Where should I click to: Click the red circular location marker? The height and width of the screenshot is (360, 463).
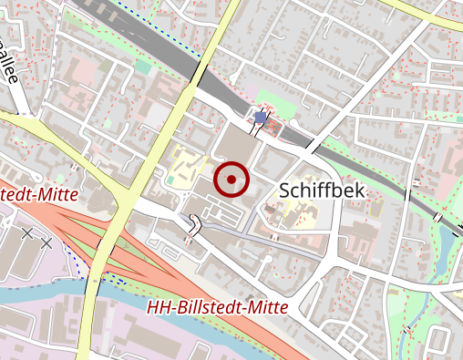231,180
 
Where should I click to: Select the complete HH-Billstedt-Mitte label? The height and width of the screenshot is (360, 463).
218,307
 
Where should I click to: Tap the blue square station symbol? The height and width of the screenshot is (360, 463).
261,118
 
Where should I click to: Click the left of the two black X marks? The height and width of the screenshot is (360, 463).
27,234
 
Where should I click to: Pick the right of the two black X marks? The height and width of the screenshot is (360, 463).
46,242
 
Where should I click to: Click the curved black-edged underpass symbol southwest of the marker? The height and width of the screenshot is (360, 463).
196,225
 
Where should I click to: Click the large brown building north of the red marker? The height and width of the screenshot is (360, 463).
236,144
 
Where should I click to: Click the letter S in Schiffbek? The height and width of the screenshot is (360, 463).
283,190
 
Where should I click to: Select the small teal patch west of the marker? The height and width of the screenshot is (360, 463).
60,178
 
